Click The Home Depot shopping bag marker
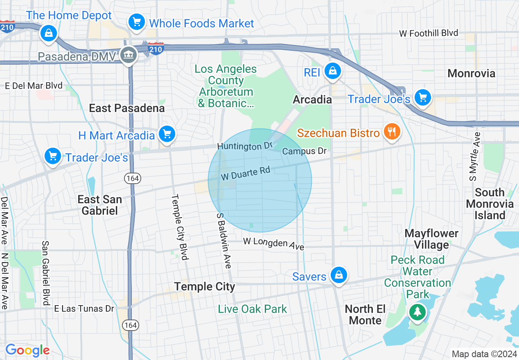(x=49, y=33)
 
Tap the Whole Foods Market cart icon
(x=136, y=22)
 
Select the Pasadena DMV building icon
(x=129, y=55)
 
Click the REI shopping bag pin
(x=333, y=71)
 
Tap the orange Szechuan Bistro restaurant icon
(x=392, y=131)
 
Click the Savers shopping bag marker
(x=338, y=275)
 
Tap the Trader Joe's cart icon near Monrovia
(x=422, y=98)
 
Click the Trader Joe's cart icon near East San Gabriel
(x=53, y=156)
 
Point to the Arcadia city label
(x=312, y=99)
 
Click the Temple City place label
(x=205, y=286)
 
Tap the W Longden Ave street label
(x=273, y=243)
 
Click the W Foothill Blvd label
(x=429, y=33)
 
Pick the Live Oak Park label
(x=253, y=309)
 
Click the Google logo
(x=27, y=350)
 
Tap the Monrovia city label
(x=471, y=74)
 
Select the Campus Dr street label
(x=305, y=151)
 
